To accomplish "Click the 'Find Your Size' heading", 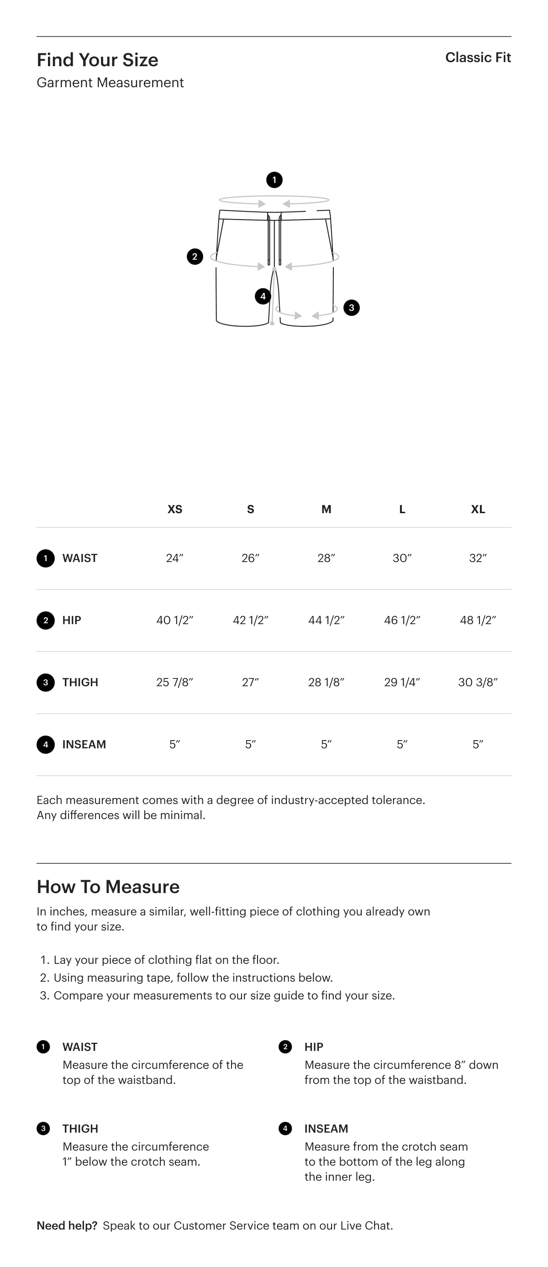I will (x=97, y=60).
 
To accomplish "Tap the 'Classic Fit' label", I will (x=478, y=58).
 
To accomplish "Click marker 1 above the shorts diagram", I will (x=274, y=180).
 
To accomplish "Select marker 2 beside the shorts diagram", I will (x=195, y=256).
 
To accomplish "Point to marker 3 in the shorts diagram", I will (x=351, y=308).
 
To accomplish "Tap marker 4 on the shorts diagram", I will (x=263, y=296).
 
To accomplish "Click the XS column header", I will (x=174, y=509).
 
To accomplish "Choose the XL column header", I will (x=478, y=509).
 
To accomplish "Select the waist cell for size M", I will (x=326, y=558).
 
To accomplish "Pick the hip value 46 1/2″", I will (x=402, y=620).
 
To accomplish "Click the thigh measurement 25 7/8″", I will (x=174, y=682).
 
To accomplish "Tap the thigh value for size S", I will (x=250, y=682).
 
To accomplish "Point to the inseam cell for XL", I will (x=478, y=744).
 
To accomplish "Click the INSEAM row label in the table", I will (x=84, y=744).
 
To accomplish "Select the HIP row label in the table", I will (x=72, y=620).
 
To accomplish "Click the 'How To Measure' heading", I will (x=108, y=887).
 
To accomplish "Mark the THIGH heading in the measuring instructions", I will (x=80, y=1128).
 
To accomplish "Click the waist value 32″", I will (x=478, y=558).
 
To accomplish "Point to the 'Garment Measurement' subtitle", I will (x=110, y=83).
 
